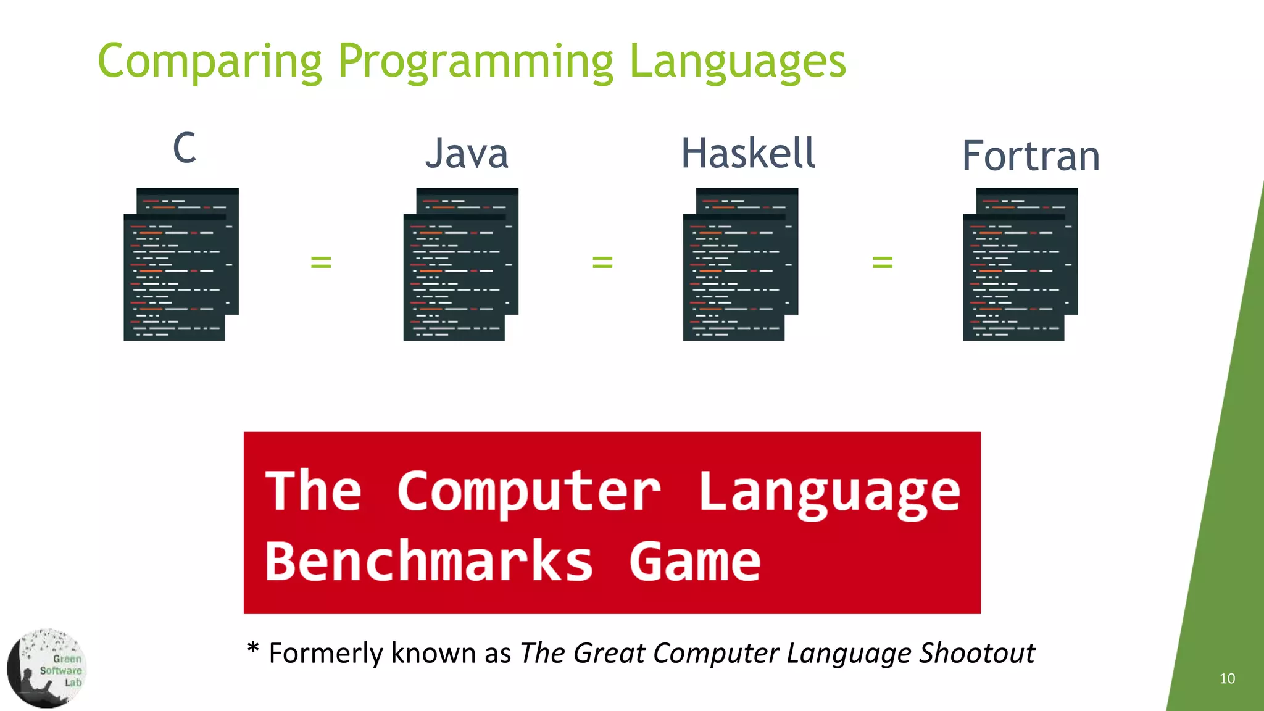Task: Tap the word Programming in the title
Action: tap(475, 62)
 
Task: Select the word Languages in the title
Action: tap(738, 62)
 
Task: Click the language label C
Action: tap(185, 148)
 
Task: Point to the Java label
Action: tap(467, 154)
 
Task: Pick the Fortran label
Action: tap(1031, 156)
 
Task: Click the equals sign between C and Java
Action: tap(321, 262)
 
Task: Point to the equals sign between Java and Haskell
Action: tap(602, 262)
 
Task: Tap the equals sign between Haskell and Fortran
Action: tap(883, 262)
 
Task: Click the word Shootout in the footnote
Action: tap(977, 653)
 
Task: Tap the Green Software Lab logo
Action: tap(47, 668)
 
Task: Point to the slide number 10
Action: tap(1227, 678)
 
